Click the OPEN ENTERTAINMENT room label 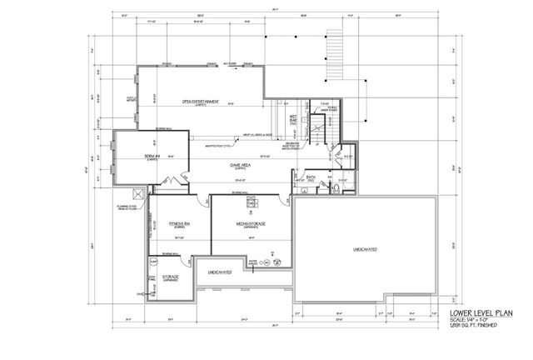(x=200, y=102)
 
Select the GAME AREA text (x=242, y=165)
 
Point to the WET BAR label (x=294, y=118)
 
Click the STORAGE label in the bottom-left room (x=171, y=277)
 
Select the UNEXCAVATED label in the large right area (x=366, y=249)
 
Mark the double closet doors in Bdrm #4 (x=172, y=182)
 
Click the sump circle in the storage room (x=153, y=262)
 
